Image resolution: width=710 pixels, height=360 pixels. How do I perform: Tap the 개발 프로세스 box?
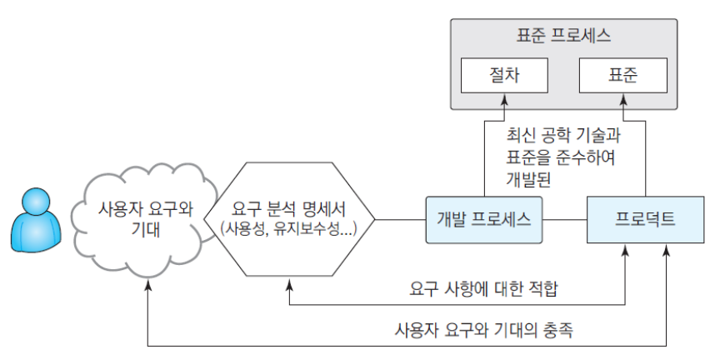(484, 220)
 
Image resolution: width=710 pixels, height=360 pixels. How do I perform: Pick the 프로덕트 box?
(644, 220)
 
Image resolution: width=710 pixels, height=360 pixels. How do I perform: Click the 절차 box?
(503, 76)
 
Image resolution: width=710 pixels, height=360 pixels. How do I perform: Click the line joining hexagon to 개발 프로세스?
(401, 220)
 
